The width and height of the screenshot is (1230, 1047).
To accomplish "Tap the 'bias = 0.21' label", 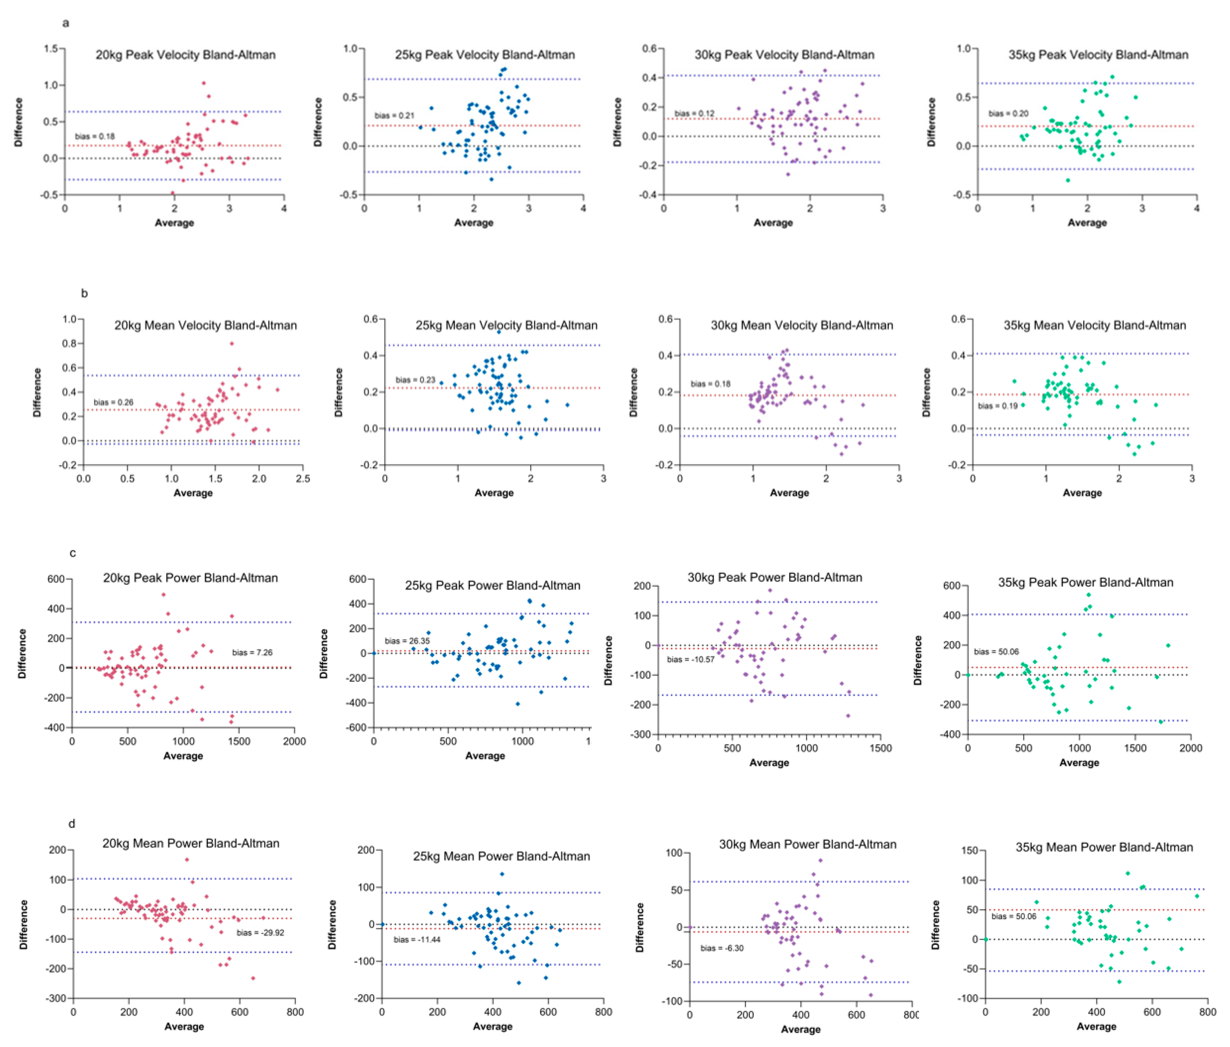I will [394, 116].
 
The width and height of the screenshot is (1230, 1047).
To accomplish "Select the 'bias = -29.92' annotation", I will [260, 932].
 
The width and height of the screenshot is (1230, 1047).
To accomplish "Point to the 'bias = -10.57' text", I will [691, 659].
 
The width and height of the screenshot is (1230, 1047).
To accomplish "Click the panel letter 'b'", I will [84, 293].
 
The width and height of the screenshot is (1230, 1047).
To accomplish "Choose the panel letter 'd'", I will [72, 824].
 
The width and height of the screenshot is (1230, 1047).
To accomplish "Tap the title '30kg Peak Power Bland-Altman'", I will [774, 577].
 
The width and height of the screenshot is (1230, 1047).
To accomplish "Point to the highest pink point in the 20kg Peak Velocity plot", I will [204, 83].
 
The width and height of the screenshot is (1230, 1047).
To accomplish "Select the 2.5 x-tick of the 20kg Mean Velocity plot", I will [303, 478].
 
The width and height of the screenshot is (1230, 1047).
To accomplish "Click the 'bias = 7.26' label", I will [252, 653].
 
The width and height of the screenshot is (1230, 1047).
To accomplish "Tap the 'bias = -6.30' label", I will [722, 948].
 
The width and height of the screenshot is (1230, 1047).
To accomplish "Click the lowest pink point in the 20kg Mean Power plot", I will [253, 978].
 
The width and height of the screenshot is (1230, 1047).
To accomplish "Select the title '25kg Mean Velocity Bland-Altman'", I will [506, 325].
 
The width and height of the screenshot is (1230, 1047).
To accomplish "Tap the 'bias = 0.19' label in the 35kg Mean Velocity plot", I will [998, 406].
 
